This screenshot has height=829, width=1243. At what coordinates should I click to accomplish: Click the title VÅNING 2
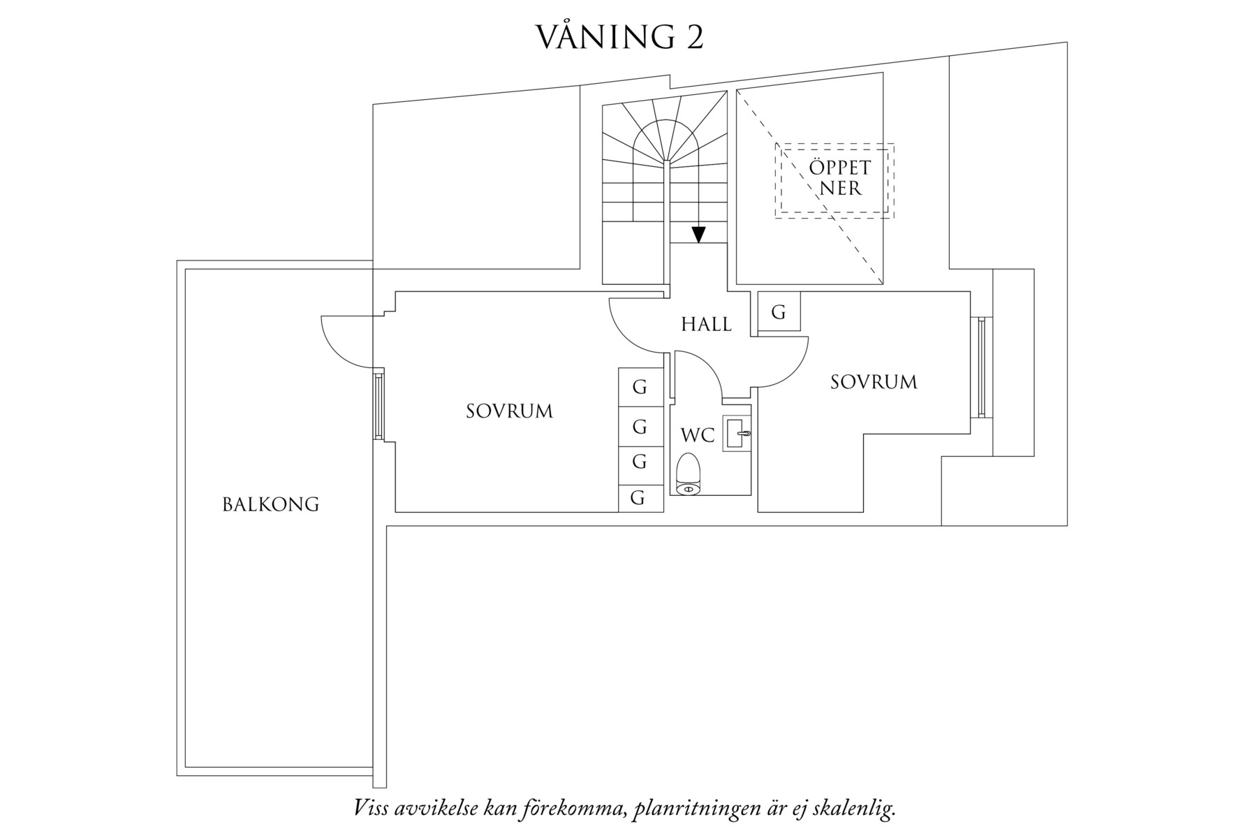pyautogui.click(x=619, y=37)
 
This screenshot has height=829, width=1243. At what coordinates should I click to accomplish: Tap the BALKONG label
pyautogui.click(x=270, y=504)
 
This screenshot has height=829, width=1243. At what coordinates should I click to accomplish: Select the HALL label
pyautogui.click(x=706, y=324)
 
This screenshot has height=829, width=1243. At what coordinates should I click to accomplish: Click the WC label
pyautogui.click(x=698, y=435)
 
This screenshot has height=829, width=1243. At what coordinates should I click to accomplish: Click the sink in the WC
pyautogui.click(x=737, y=434)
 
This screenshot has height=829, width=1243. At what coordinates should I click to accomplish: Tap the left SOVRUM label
pyautogui.click(x=509, y=411)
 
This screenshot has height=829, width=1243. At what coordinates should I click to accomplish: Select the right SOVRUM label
pyautogui.click(x=873, y=382)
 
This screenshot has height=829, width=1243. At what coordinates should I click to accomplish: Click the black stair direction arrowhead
pyautogui.click(x=698, y=235)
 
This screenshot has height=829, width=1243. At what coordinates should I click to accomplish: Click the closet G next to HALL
pyautogui.click(x=778, y=312)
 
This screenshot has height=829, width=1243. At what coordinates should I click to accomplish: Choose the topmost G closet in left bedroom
pyautogui.click(x=639, y=387)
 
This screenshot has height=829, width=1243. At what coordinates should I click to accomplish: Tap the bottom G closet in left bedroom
pyautogui.click(x=638, y=498)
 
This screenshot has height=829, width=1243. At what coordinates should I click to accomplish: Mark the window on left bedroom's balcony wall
pyautogui.click(x=378, y=406)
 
